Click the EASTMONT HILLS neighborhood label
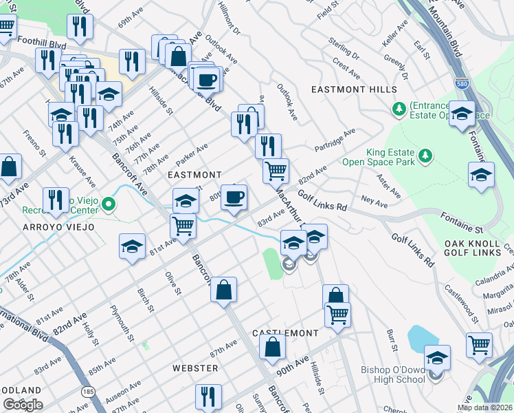click(x=354, y=89)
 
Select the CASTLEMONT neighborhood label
click(x=285, y=332)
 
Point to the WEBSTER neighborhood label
click(x=195, y=368)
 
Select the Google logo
click(x=23, y=404)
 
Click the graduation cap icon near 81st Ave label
click(x=132, y=247)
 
